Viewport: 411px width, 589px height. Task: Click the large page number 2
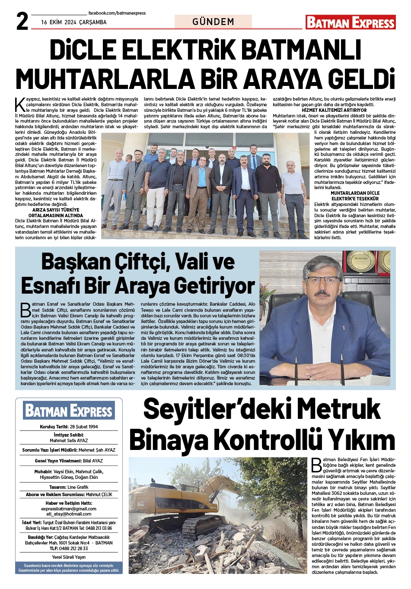[x=22, y=21]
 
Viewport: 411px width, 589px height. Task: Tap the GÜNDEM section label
[x=213, y=22]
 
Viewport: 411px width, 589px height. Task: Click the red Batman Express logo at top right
[x=350, y=22]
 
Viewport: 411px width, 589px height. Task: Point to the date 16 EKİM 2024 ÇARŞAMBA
[x=74, y=22]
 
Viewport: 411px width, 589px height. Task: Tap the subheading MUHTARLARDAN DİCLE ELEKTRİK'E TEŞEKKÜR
[x=355, y=196]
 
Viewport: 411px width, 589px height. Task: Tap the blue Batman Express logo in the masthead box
[x=69, y=411]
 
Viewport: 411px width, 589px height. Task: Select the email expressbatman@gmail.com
[x=69, y=509]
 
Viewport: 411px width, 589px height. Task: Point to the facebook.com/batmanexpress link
[x=117, y=13]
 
